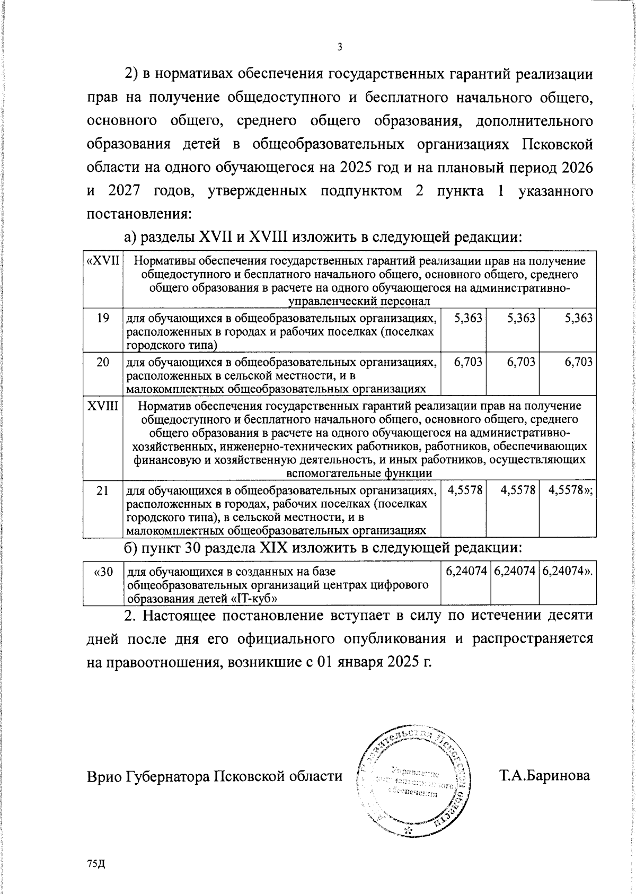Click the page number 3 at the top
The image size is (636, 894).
(340, 47)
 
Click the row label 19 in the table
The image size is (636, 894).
(103, 318)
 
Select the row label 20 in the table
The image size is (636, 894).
(103, 362)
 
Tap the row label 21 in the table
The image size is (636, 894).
(103, 490)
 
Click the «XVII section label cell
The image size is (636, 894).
(103, 261)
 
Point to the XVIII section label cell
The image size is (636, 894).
(103, 406)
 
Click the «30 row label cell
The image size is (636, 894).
(103, 572)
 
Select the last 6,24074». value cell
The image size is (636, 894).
(568, 572)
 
